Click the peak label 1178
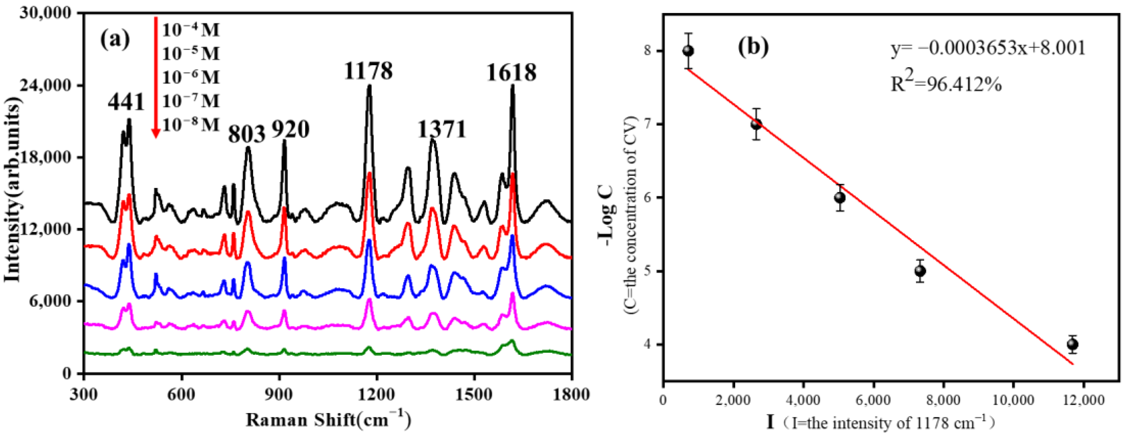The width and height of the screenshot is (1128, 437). (x=368, y=71)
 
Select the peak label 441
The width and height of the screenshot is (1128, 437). (x=126, y=103)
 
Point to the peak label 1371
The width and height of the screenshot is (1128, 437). (x=441, y=129)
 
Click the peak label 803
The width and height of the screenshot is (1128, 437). (x=247, y=134)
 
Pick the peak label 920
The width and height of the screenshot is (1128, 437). (x=290, y=129)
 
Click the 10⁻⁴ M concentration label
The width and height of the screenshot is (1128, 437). (x=191, y=30)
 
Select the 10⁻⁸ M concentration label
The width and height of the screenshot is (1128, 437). (x=191, y=125)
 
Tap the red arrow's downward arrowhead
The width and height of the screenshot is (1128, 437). (x=156, y=133)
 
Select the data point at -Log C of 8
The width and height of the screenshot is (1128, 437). (x=688, y=51)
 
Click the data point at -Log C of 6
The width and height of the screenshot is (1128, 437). (x=839, y=197)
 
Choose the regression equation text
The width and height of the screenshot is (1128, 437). (x=988, y=48)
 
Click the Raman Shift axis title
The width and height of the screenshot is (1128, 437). (x=328, y=420)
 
